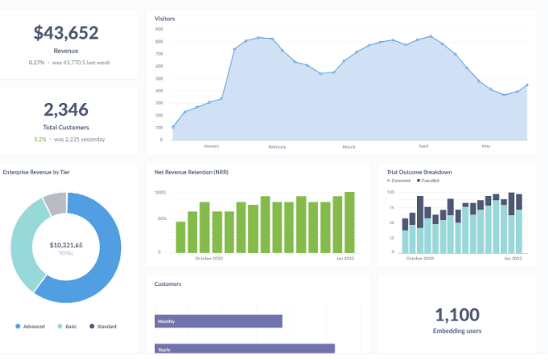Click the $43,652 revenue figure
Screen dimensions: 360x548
66,33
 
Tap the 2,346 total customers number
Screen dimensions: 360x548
66,110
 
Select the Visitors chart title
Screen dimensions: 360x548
165,18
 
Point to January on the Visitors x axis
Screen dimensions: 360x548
211,146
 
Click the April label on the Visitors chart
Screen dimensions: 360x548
424,146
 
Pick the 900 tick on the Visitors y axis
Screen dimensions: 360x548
159,29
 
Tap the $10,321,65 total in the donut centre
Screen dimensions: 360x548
66,245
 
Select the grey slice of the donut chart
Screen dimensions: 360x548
54,203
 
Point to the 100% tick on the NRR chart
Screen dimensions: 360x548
161,193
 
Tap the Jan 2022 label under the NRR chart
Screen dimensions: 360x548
344,258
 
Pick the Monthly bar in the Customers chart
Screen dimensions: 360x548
218,321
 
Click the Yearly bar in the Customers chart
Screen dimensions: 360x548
245,349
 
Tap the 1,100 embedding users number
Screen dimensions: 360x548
457,314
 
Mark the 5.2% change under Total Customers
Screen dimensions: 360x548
40,138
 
